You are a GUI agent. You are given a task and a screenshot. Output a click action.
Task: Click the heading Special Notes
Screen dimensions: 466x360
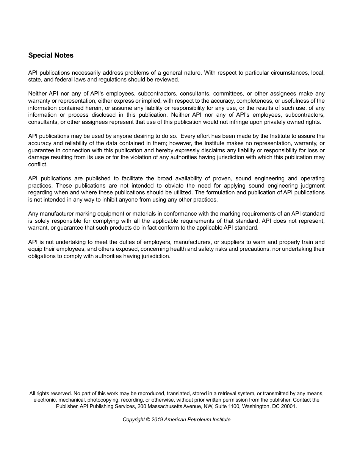tap(51, 55)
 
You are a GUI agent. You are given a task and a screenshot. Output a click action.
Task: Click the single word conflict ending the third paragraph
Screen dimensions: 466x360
tap(38, 164)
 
